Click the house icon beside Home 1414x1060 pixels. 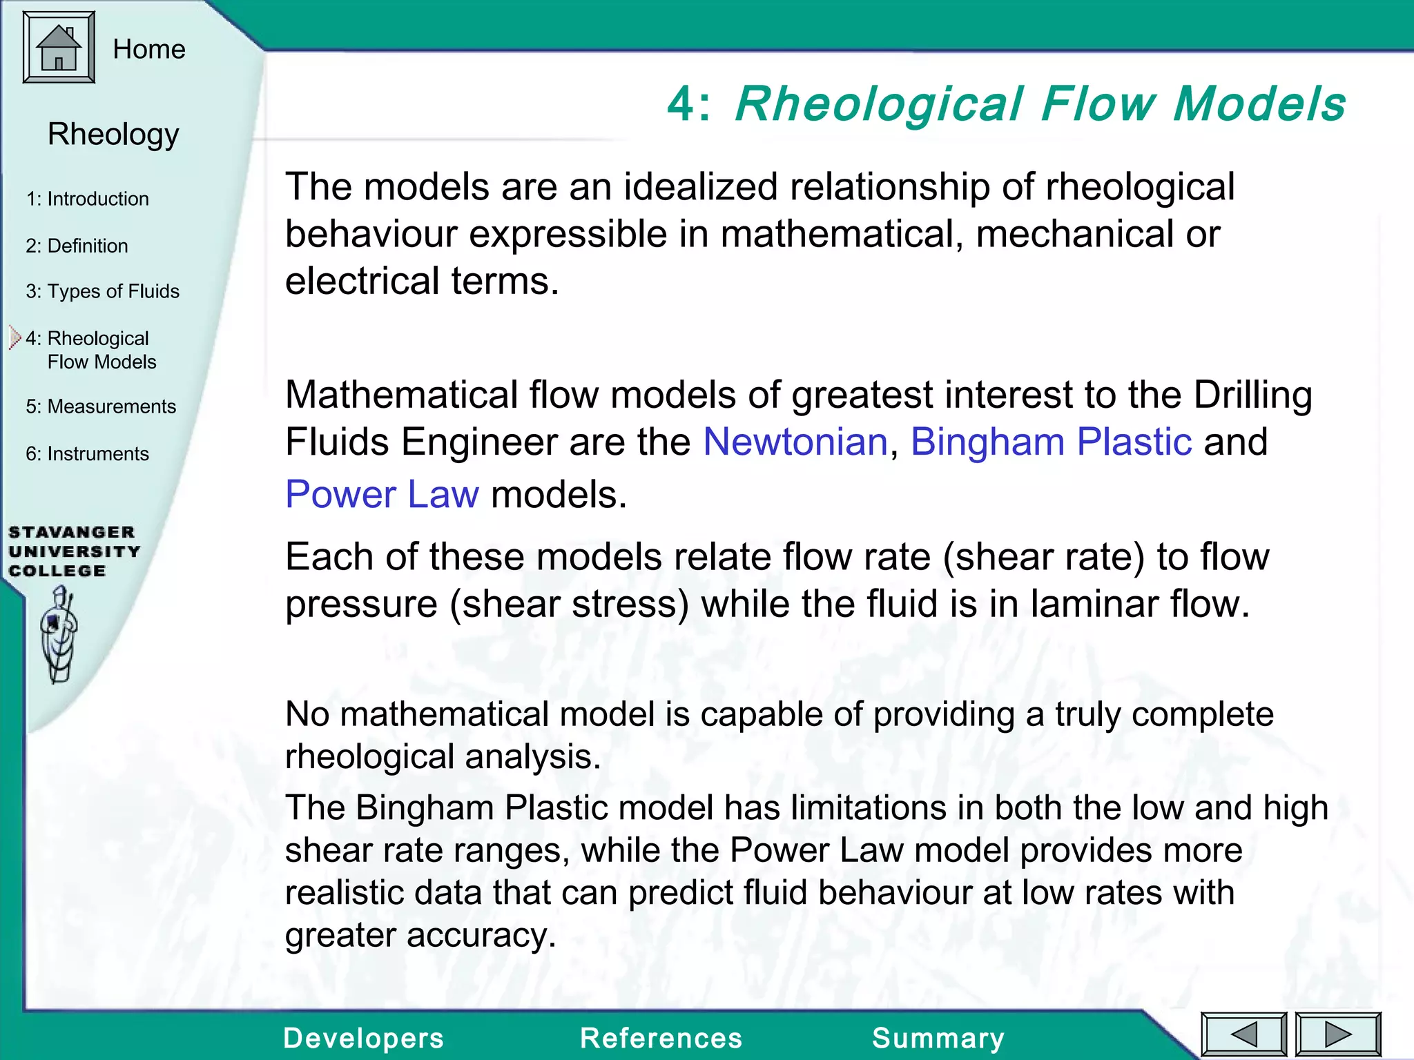(x=59, y=48)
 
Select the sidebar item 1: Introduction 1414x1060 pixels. (x=87, y=199)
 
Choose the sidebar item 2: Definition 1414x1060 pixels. (x=77, y=246)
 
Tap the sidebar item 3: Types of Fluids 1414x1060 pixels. (x=102, y=291)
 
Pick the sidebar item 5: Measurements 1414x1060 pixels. (x=101, y=406)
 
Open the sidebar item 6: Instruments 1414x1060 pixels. (x=87, y=453)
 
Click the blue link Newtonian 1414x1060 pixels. (x=795, y=442)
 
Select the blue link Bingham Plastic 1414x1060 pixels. (x=1051, y=442)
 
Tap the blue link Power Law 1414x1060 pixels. (x=382, y=494)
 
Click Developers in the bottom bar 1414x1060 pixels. (x=363, y=1038)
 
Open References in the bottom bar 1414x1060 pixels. (x=661, y=1038)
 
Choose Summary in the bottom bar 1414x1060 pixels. (x=938, y=1038)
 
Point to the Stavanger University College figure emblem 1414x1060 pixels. (x=59, y=634)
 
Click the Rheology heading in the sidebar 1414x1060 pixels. (x=113, y=134)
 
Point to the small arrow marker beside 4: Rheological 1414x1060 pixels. (x=15, y=338)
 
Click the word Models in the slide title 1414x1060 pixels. (x=1259, y=104)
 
